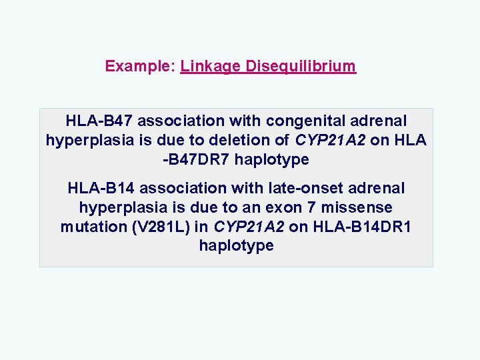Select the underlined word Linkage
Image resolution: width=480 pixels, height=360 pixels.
point(211,67)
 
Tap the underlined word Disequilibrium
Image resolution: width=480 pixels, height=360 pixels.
point(301,67)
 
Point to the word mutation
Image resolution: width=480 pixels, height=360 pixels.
point(89,227)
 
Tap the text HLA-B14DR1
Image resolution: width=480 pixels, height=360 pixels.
point(360,227)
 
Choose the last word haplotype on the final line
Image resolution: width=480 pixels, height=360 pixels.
point(236,246)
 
